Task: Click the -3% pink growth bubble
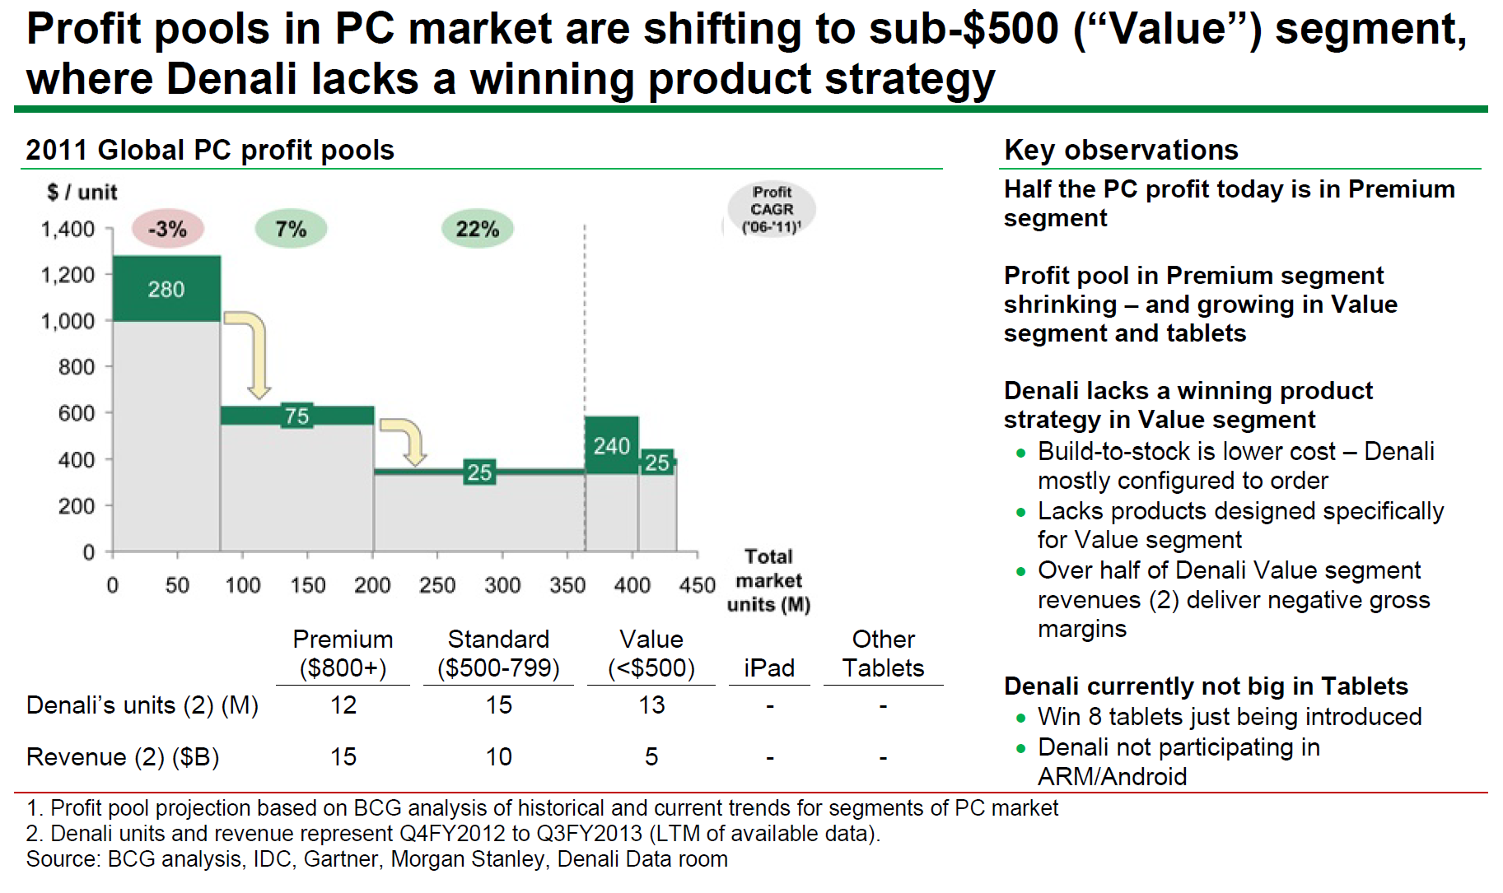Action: point(167,229)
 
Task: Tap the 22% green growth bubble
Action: point(478,229)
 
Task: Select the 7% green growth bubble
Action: point(291,229)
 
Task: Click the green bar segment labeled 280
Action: point(166,289)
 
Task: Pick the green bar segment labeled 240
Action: point(611,445)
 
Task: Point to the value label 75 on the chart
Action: point(297,416)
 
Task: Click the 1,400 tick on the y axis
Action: point(68,229)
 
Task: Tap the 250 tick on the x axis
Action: point(436,585)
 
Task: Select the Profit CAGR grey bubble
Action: point(772,209)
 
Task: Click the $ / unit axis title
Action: point(82,192)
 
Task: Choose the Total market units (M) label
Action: point(768,580)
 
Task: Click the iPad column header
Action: point(768,667)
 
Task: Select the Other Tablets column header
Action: point(883,653)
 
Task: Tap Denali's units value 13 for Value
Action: point(651,705)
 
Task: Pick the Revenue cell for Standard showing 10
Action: point(498,756)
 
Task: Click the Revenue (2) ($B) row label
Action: point(123,756)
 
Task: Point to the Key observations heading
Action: point(1121,150)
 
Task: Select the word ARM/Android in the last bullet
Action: point(1112,776)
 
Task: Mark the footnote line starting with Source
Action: point(376,859)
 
